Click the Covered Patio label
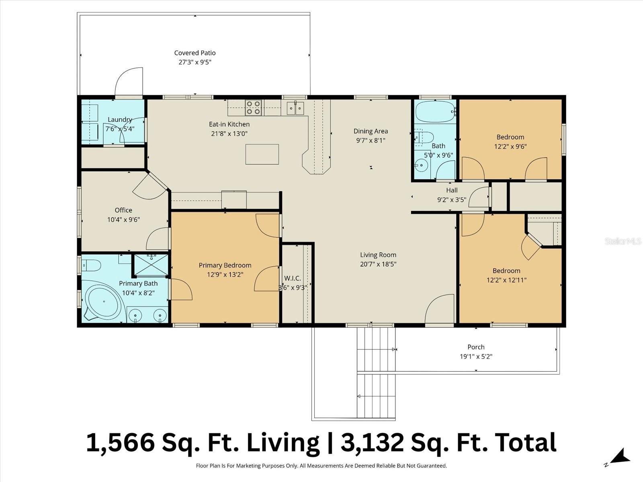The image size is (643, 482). (195, 53)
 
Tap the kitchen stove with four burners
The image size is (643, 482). (254, 108)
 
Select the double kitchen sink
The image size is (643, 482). (295, 108)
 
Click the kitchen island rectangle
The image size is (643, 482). (262, 154)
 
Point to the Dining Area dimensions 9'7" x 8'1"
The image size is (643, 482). (371, 141)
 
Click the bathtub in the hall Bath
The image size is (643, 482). (435, 111)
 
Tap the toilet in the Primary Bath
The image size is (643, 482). (91, 266)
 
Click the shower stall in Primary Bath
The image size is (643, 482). (151, 265)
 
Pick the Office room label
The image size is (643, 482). (123, 210)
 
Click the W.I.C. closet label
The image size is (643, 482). (293, 278)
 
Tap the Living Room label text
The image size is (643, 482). (378, 255)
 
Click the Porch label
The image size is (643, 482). (476, 347)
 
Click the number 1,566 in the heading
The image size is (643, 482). (120, 443)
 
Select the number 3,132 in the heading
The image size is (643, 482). (372, 443)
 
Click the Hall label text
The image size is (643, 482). (452, 190)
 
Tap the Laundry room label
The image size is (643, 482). (120, 120)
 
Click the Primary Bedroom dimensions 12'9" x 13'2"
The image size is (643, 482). (225, 275)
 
